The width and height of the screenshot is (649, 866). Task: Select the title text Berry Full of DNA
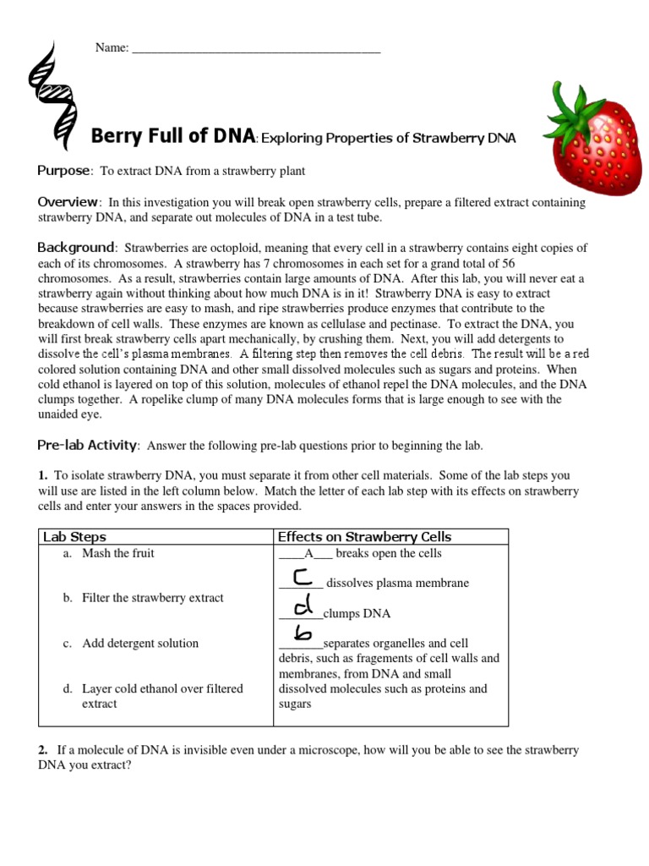[172, 136]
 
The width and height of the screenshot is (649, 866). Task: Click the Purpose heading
[63, 171]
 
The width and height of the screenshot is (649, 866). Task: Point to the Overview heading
[68, 202]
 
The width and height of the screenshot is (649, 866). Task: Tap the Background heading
[75, 248]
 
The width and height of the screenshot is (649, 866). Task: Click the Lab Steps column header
[74, 537]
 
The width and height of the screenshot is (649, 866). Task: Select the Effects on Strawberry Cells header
[364, 537]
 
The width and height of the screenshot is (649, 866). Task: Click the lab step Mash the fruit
[118, 553]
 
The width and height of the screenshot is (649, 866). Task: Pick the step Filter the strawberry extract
[152, 598]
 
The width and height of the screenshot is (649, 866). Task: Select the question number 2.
[42, 750]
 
